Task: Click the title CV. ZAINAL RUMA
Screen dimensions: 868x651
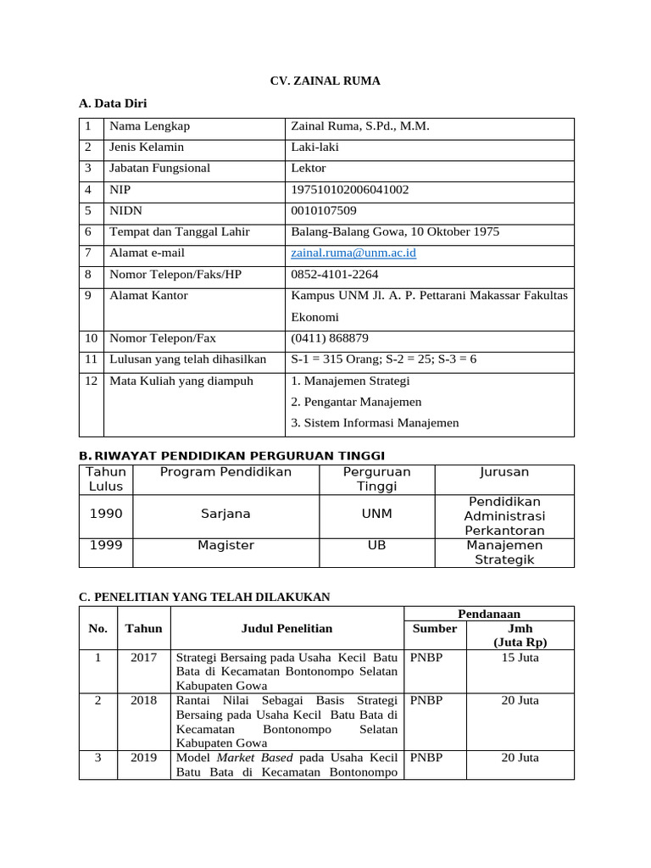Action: (x=325, y=81)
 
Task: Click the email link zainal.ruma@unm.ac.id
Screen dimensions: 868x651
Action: (x=353, y=253)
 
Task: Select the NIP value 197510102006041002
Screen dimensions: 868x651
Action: (x=349, y=190)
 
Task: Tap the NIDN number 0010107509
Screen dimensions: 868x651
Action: (x=324, y=211)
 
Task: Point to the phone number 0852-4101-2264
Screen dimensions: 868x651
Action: (x=335, y=275)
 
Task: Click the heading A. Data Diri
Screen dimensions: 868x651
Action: (x=113, y=104)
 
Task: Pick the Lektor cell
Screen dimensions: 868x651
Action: (x=309, y=169)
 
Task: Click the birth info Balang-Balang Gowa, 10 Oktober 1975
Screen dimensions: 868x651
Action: (x=395, y=232)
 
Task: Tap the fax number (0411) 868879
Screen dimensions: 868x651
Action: (x=330, y=338)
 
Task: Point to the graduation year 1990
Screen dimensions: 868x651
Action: (x=106, y=514)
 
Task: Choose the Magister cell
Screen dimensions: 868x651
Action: (x=225, y=546)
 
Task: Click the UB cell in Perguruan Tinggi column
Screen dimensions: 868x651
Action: (x=376, y=546)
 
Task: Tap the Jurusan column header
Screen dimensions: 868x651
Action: (x=504, y=472)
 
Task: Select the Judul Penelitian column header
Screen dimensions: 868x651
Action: (x=287, y=628)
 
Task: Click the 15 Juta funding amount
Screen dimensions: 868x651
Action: (x=520, y=658)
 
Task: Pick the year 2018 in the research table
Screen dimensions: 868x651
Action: (x=143, y=701)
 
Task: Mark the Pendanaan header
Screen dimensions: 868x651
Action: (x=489, y=614)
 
